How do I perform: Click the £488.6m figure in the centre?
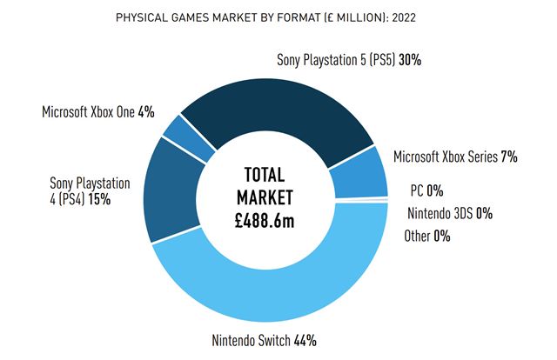[x=265, y=221]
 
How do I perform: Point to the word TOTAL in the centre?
[x=265, y=173]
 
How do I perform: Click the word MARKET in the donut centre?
[x=265, y=197]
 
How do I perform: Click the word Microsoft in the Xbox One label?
[x=68, y=112]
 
